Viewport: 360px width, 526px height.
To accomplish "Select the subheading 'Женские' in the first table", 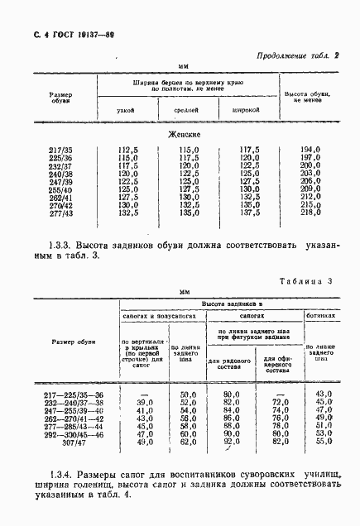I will point(185,134).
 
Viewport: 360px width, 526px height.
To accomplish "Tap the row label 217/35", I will point(60,150).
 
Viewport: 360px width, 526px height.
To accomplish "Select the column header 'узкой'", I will point(127,108).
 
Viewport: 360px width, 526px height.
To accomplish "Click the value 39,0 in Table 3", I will point(146,403).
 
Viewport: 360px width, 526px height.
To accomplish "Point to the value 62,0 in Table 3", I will point(187,442).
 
